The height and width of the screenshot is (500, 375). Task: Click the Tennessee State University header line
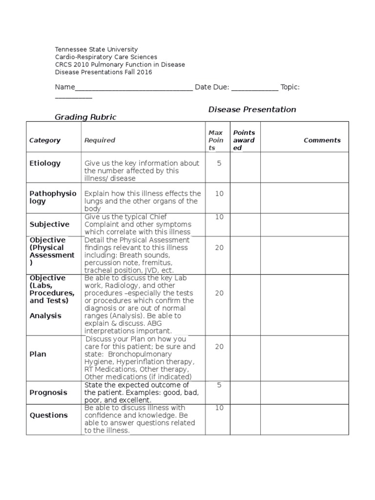click(x=96, y=49)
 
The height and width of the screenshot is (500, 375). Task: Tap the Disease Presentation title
click(x=252, y=109)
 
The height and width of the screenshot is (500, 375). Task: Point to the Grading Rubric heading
click(x=85, y=117)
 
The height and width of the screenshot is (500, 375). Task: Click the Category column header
click(x=45, y=140)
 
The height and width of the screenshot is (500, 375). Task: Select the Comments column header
click(x=322, y=140)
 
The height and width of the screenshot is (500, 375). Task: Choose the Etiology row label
click(x=45, y=163)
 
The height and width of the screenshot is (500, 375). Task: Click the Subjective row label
click(x=49, y=224)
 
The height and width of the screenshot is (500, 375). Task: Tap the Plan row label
click(x=38, y=354)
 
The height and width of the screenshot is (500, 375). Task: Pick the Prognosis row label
click(x=48, y=393)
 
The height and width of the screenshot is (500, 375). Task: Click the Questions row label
click(x=48, y=415)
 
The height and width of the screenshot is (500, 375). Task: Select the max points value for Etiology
click(x=219, y=163)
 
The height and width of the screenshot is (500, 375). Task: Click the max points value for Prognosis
click(x=219, y=385)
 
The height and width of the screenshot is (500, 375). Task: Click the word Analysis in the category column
click(x=45, y=315)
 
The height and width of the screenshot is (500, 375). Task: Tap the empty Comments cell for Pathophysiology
click(x=304, y=198)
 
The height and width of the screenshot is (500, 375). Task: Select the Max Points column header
click(x=216, y=140)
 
